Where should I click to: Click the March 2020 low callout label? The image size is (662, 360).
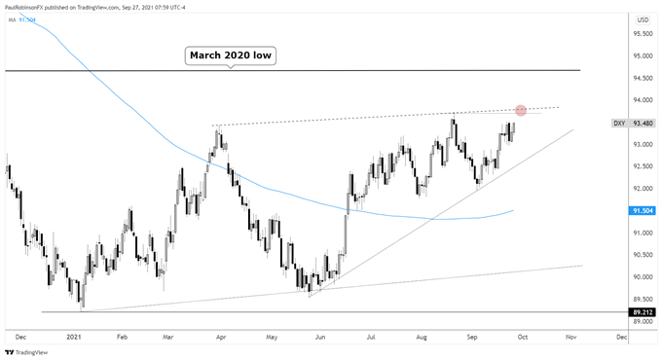coord(231,56)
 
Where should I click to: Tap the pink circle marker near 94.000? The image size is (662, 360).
coord(522,111)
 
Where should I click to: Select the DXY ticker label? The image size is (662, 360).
coord(618,124)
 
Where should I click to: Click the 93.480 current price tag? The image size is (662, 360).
coord(642,124)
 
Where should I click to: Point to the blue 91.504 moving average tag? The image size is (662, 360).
coord(642,210)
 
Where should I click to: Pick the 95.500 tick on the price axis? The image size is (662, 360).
coord(641,34)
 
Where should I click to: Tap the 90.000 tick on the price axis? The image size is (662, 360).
coord(641,277)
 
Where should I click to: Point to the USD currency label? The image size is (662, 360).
coord(642,18)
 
